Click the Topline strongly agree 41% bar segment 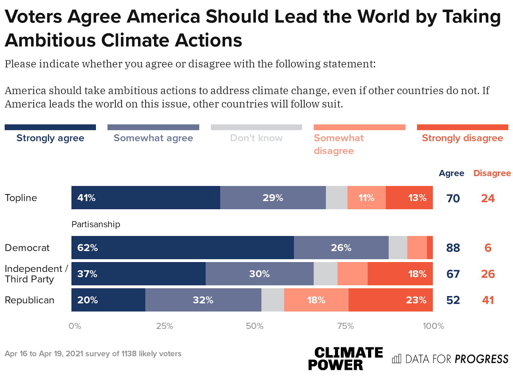point(146,198)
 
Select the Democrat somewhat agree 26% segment point(341,248)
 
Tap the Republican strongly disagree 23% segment point(391,300)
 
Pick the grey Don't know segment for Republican point(273,300)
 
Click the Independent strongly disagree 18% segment point(400,274)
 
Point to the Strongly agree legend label point(50,138)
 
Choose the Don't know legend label point(256,138)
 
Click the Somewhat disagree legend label point(339,144)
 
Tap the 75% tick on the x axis point(345,326)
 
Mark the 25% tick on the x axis point(164,326)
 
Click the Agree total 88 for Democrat point(453,248)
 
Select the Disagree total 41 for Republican point(488,300)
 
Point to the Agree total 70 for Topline point(453,198)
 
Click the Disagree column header point(492,173)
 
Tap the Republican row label point(29,300)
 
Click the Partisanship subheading point(96,224)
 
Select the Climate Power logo point(345,359)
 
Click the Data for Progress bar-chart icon point(397,359)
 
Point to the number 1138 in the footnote point(129,354)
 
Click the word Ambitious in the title point(50,40)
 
